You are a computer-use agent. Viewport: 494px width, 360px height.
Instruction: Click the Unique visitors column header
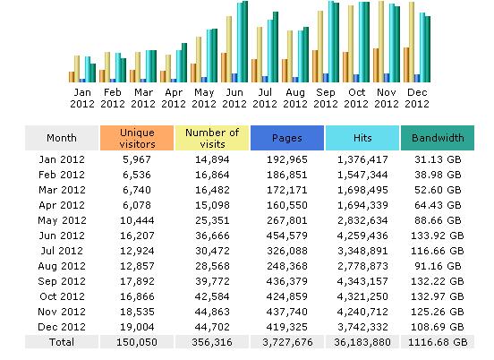[137, 138]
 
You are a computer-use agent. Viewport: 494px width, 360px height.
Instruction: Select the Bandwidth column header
[438, 138]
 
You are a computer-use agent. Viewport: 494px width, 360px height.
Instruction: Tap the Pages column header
[287, 138]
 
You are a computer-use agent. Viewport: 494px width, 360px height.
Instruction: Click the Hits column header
[362, 138]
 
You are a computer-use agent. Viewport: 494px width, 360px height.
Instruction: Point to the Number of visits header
[212, 138]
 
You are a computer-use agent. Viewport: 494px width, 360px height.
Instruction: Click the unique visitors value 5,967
[137, 159]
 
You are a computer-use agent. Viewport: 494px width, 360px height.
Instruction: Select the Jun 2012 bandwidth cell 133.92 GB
[438, 236]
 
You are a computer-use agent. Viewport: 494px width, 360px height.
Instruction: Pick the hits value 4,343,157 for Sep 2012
[362, 281]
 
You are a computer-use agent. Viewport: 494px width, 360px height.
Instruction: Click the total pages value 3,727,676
[287, 342]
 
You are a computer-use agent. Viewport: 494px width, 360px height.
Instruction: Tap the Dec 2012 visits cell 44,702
[212, 327]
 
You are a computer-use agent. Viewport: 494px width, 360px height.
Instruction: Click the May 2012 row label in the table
[62, 220]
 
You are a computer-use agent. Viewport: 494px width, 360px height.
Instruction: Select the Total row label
[62, 342]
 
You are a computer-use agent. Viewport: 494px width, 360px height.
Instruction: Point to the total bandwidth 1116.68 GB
[438, 342]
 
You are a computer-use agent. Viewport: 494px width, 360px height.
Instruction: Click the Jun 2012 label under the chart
[234, 98]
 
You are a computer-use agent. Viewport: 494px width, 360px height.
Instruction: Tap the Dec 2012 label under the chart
[417, 98]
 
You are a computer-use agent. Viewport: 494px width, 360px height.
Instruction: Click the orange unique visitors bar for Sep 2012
[315, 66]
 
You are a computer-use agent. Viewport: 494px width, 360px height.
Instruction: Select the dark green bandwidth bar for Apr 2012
[184, 63]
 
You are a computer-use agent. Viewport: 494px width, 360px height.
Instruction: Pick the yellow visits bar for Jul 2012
[260, 55]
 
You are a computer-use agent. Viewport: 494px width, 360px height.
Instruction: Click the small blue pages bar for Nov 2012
[387, 78]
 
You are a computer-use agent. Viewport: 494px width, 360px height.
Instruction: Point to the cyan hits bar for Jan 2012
[88, 69]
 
